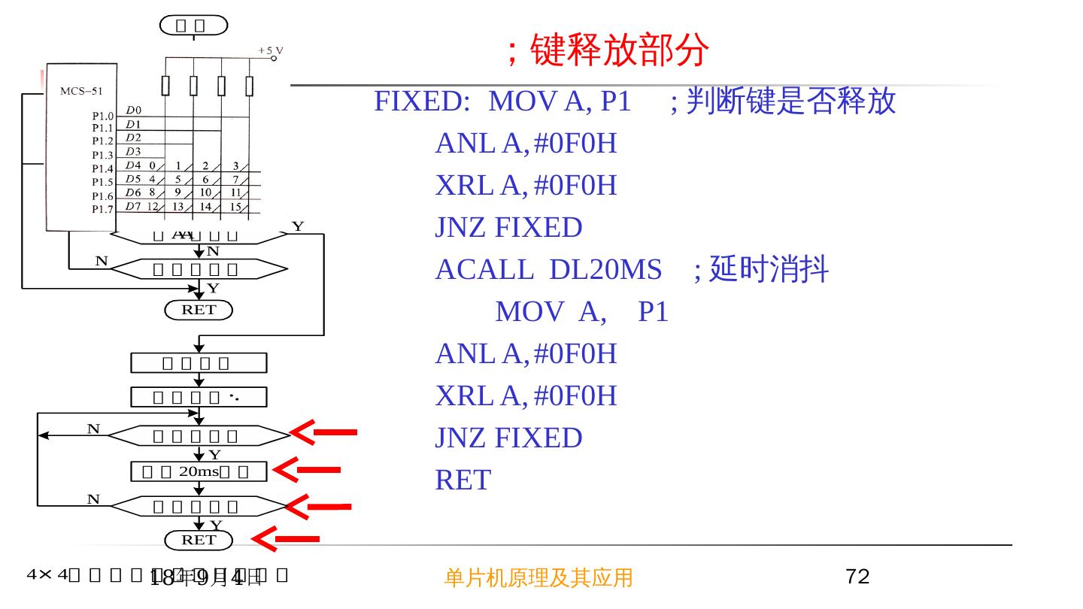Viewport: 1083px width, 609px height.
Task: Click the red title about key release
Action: click(608, 51)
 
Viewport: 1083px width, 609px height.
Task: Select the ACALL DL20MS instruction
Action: click(548, 269)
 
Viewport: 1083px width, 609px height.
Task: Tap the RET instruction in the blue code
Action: click(463, 480)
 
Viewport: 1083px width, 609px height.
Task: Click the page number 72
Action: click(857, 577)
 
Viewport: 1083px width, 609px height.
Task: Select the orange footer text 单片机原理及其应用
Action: click(538, 577)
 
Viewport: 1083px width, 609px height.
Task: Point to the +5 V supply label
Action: click(271, 50)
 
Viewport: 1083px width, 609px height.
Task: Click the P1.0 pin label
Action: click(102, 117)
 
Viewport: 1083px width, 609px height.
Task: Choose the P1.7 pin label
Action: click(102, 209)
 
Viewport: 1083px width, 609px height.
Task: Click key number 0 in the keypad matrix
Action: click(152, 165)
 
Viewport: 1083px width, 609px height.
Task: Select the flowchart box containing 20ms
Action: click(199, 471)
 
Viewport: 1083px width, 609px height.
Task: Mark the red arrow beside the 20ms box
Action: click(307, 470)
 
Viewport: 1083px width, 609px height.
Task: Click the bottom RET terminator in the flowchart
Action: click(199, 540)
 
